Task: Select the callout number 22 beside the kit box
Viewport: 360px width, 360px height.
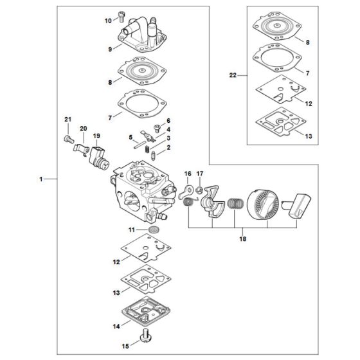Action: tap(233, 75)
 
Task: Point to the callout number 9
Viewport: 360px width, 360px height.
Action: tap(110, 49)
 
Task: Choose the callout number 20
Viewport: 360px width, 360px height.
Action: tap(83, 129)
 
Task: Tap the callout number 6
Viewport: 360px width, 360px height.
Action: tap(168, 121)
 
